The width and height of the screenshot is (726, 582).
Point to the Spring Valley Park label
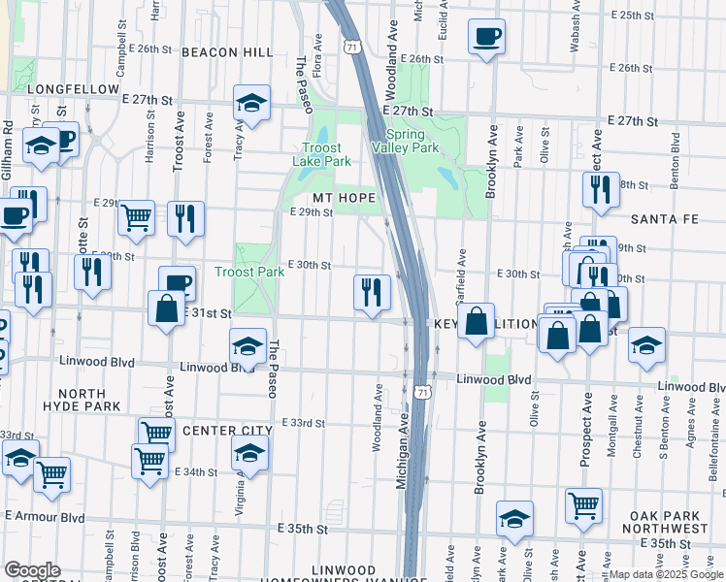[x=406, y=142]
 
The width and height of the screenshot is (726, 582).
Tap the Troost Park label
[x=249, y=273]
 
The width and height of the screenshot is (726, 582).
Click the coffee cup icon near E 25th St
[x=485, y=38]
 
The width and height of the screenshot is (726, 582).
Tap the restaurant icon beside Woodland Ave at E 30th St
[x=371, y=291]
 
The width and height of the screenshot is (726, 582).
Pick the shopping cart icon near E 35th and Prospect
[x=583, y=504]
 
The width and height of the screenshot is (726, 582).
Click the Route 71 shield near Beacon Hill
[x=352, y=47]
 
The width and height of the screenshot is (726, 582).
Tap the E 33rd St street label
[x=302, y=423]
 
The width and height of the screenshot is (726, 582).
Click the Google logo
[x=32, y=569]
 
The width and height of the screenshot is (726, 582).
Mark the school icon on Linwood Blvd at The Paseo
[x=247, y=345]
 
